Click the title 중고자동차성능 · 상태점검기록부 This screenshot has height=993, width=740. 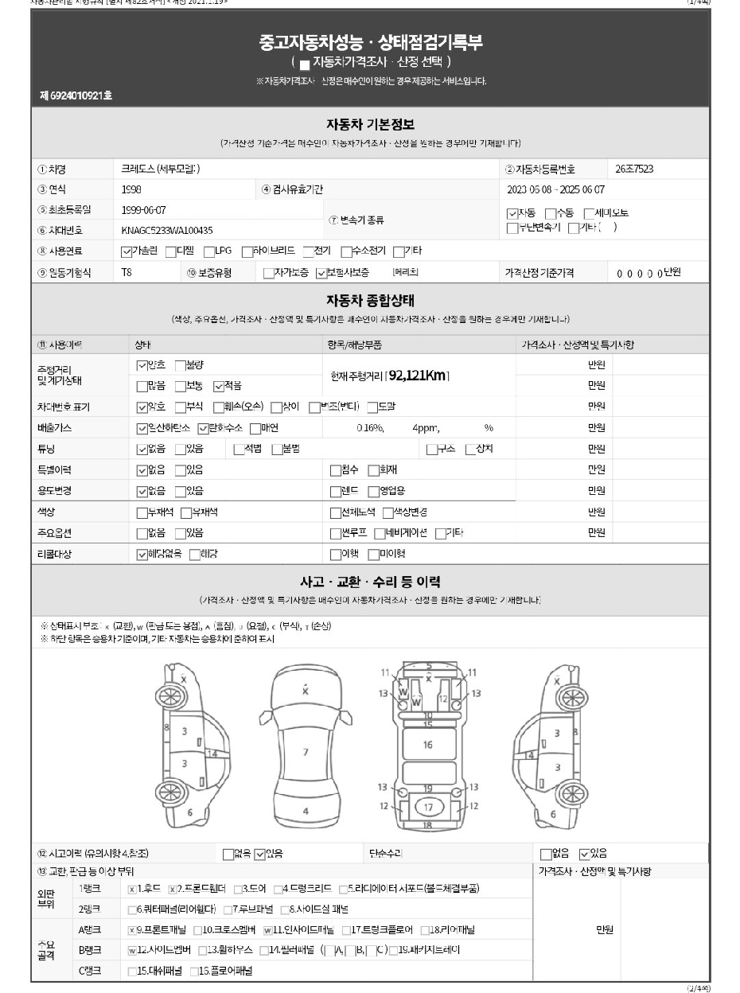370,42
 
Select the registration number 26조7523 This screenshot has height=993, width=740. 636,169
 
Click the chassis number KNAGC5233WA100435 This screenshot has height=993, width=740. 167,231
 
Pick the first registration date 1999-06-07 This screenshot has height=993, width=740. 144,210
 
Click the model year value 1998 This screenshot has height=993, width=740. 132,190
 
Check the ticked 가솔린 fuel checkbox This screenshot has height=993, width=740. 127,251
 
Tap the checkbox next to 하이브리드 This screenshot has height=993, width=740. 247,251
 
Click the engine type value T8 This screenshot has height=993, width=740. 127,273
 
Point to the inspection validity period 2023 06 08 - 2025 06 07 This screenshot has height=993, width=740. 555,190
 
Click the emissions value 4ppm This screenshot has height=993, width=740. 425,428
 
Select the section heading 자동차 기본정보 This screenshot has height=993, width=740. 370,125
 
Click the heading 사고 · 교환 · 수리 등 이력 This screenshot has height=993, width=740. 370,582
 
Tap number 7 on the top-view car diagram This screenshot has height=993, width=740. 306,751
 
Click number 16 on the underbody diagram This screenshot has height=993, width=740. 428,745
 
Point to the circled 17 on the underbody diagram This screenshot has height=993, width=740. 428,807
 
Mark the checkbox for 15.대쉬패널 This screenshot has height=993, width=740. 132,972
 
